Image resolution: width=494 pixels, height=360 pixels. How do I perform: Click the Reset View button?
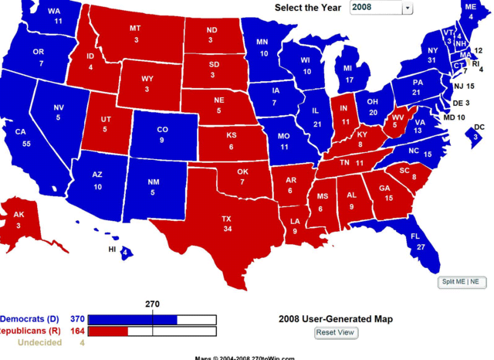336,332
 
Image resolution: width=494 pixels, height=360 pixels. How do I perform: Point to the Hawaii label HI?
113,250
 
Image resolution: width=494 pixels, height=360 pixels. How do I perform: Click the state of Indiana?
344,116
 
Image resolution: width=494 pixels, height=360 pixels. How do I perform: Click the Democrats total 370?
77,318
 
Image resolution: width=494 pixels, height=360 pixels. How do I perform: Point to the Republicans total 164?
77,331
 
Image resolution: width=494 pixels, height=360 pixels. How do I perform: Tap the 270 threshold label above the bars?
152,304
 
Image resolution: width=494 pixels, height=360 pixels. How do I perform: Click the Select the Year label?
308,8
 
